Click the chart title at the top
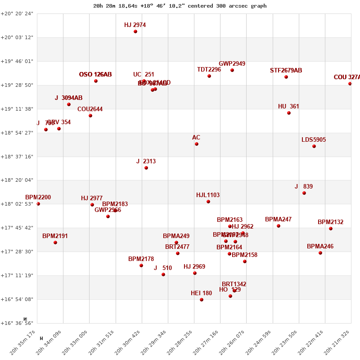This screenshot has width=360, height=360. coord(180,6)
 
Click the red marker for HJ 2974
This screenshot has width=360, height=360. coord(135,31)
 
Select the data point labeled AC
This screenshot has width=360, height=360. coord(197,144)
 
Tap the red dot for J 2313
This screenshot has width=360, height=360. coord(146,168)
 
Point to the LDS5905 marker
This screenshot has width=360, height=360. coord(314,146)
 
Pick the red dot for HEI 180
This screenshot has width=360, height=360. coord(202,300)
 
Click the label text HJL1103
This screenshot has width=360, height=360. coord(208,195)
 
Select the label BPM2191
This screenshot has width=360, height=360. coord(55,236)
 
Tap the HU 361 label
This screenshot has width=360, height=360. coord(288,107)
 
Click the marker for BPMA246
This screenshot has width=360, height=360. coord(320,253)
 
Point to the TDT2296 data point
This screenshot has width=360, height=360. coord(209,76)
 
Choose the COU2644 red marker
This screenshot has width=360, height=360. coord(90,116)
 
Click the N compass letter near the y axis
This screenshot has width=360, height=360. coord(25,319)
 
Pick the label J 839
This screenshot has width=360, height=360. coord(304,187)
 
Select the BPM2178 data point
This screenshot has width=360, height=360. coord(141,265)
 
